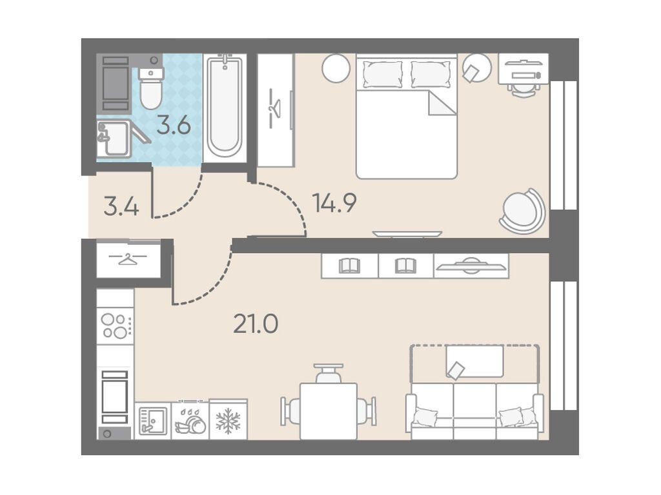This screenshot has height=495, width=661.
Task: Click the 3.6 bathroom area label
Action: point(174,126)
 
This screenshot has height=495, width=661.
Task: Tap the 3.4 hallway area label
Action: point(121,208)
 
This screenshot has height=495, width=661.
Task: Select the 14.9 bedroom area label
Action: point(334,202)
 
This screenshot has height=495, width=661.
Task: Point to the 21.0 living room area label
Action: point(256,325)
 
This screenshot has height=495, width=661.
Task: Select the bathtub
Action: point(225,105)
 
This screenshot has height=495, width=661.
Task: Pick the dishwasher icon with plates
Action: point(190,420)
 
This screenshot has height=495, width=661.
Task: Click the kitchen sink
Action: point(152,420)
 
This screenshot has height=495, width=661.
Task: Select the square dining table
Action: point(328,411)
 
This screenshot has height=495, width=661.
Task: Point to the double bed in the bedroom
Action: point(407,116)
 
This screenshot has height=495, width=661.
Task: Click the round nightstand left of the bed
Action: point(336,68)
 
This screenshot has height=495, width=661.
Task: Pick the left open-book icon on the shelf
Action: point(349,265)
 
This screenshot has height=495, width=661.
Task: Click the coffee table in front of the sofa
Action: point(474,361)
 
